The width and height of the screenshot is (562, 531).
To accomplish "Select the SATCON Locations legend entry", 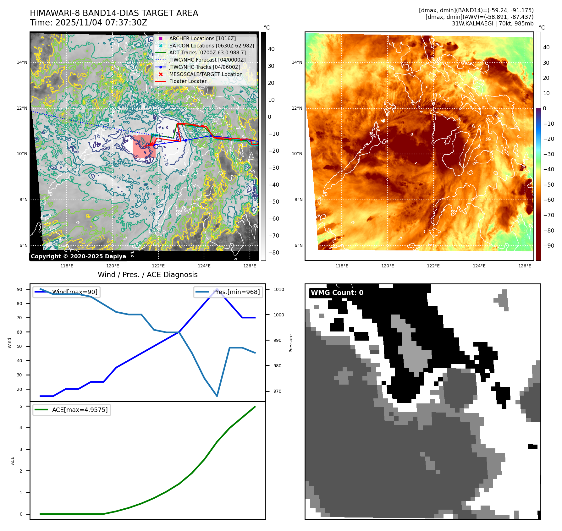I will coord(212,46).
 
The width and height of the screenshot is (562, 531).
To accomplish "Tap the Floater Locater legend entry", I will coord(188,81).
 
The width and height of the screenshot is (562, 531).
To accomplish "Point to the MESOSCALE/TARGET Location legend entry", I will coord(206,74).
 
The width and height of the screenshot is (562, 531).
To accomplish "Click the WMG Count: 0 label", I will coord(337,293).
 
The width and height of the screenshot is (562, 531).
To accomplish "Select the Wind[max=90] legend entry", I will coord(74,292).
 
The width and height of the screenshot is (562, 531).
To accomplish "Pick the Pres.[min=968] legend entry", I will coord(236,292).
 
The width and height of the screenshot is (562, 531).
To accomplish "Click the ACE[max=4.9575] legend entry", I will coord(80,410).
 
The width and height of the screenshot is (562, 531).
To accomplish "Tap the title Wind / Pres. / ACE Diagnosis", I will coord(147,275).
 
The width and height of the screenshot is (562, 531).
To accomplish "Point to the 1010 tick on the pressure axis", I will coord(278,289).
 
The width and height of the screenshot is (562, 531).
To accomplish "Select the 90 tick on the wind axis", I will coord(19,289).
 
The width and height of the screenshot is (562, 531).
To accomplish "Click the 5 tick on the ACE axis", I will coord(21,406).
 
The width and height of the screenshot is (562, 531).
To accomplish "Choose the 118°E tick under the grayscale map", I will coord(67,266).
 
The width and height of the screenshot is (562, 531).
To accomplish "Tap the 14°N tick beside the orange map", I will coord(297,62).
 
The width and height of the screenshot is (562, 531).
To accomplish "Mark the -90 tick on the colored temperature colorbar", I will coord(548,246).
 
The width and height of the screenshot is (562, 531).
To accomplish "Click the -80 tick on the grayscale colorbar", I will coord(273,253).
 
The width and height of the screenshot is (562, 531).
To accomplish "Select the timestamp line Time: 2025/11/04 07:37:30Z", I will coord(88,23).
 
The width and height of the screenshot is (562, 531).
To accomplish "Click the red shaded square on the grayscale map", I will coord(144,146).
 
